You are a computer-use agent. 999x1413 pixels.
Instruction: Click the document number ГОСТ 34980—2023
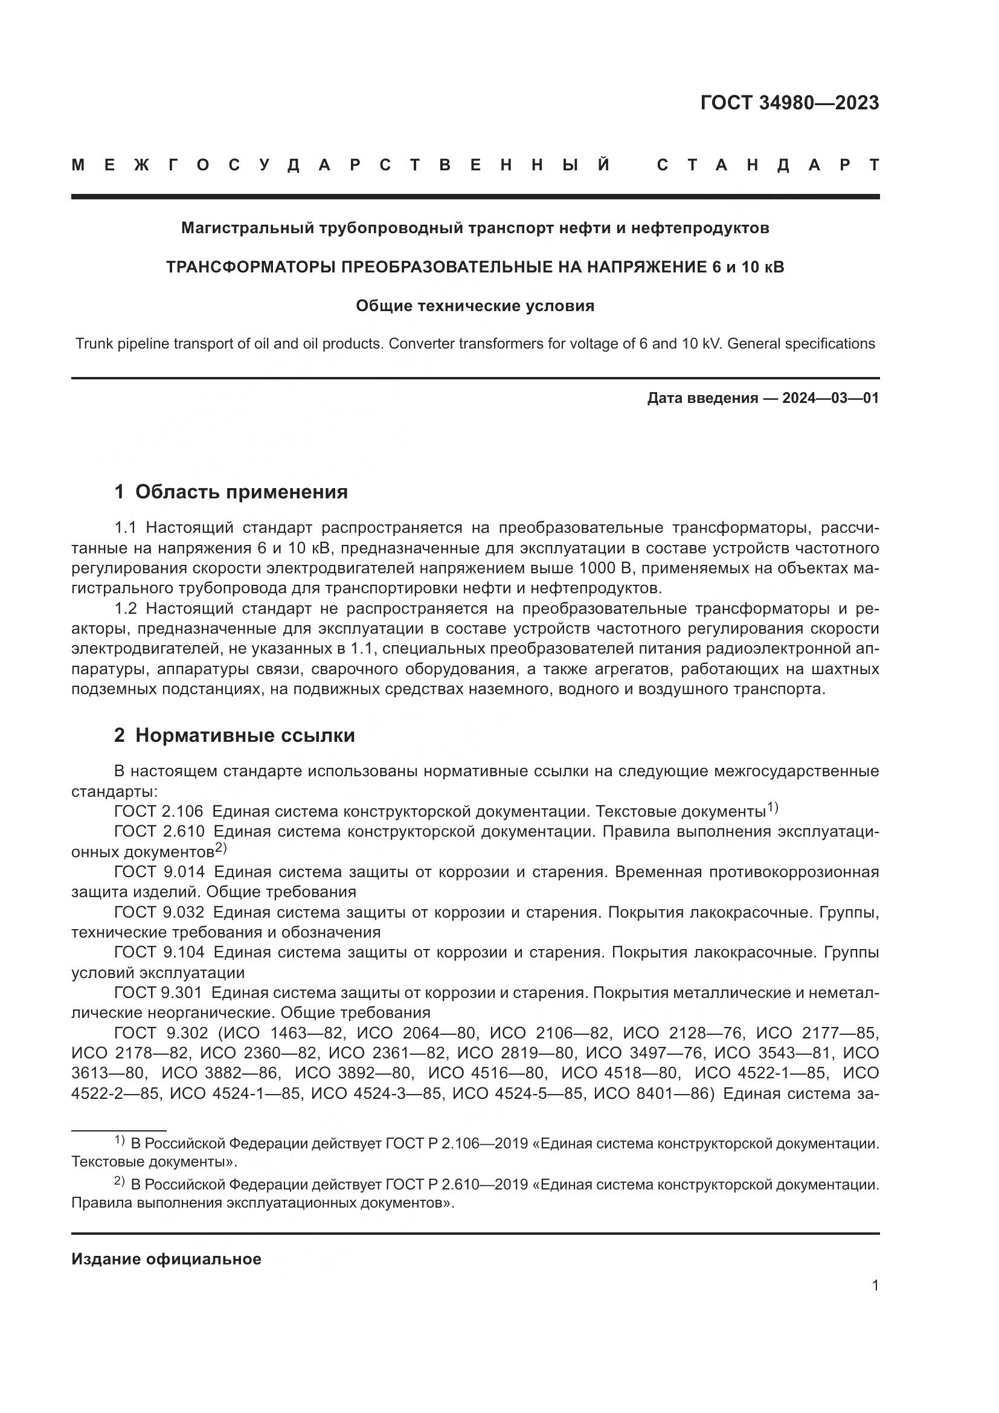click(x=789, y=103)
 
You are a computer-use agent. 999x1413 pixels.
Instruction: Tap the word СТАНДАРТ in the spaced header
click(x=768, y=165)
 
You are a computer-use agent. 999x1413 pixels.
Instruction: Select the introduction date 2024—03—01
click(x=830, y=398)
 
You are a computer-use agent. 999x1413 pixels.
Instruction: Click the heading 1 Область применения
click(x=231, y=492)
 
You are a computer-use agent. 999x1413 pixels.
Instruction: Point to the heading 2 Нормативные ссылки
click(x=234, y=735)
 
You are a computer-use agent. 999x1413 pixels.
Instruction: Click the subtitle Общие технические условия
click(x=475, y=306)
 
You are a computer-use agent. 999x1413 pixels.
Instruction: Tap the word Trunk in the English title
click(x=94, y=343)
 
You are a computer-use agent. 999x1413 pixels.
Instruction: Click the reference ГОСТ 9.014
click(x=159, y=872)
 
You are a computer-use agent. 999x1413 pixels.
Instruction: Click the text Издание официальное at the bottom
click(x=166, y=1259)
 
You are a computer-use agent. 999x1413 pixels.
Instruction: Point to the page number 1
click(x=875, y=1286)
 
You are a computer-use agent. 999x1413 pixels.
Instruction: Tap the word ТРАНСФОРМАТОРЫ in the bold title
click(x=251, y=267)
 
